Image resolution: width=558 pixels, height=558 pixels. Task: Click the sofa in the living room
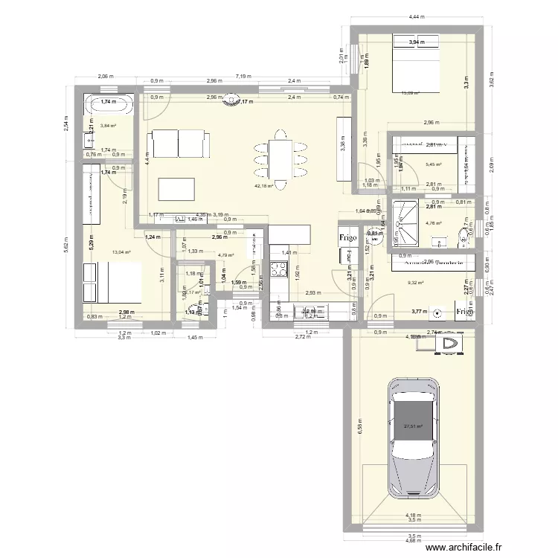point(179,144)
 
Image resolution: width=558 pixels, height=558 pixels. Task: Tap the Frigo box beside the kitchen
point(349,238)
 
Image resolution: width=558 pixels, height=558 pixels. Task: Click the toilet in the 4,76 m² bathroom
point(464,237)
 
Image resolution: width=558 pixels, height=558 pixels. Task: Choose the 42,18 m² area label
point(264,186)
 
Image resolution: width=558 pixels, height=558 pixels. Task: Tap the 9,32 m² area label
point(415,282)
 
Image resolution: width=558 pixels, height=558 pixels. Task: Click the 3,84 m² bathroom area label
point(109,126)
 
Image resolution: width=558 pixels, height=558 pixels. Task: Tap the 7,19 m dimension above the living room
point(245,76)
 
